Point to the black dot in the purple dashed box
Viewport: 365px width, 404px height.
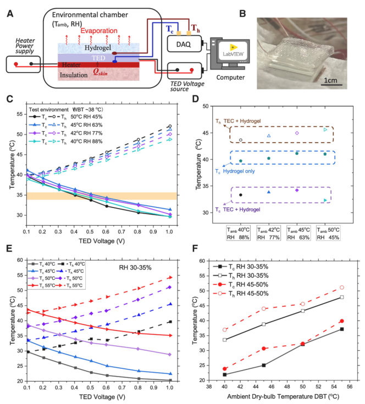pyautogui.click(x=240, y=195)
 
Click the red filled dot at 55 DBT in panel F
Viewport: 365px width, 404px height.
pyautogui.click(x=341, y=321)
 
